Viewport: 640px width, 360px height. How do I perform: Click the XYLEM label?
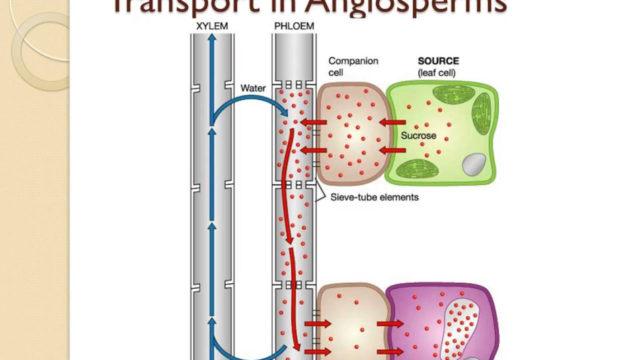pyautogui.click(x=212, y=26)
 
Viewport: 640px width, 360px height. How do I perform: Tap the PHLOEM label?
pyautogui.click(x=294, y=26)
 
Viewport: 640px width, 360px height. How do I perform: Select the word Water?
pyautogui.click(x=253, y=88)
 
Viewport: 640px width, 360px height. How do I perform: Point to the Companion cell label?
pyautogui.click(x=353, y=66)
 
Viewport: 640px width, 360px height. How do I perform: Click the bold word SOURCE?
pyautogui.click(x=438, y=61)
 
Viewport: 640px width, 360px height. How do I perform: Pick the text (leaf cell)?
pyautogui.click(x=436, y=73)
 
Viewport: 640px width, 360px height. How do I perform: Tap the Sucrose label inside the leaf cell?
pyautogui.click(x=418, y=135)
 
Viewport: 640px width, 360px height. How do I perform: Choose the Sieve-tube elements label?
pyautogui.click(x=374, y=197)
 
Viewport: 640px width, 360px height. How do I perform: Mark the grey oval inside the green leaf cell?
pyautogui.click(x=474, y=164)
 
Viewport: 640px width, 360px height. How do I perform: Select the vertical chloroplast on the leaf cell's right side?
pyautogui.click(x=482, y=113)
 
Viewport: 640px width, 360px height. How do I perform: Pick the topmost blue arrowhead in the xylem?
pyautogui.click(x=212, y=39)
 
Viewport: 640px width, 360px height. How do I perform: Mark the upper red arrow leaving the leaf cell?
pyautogui.click(x=392, y=122)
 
